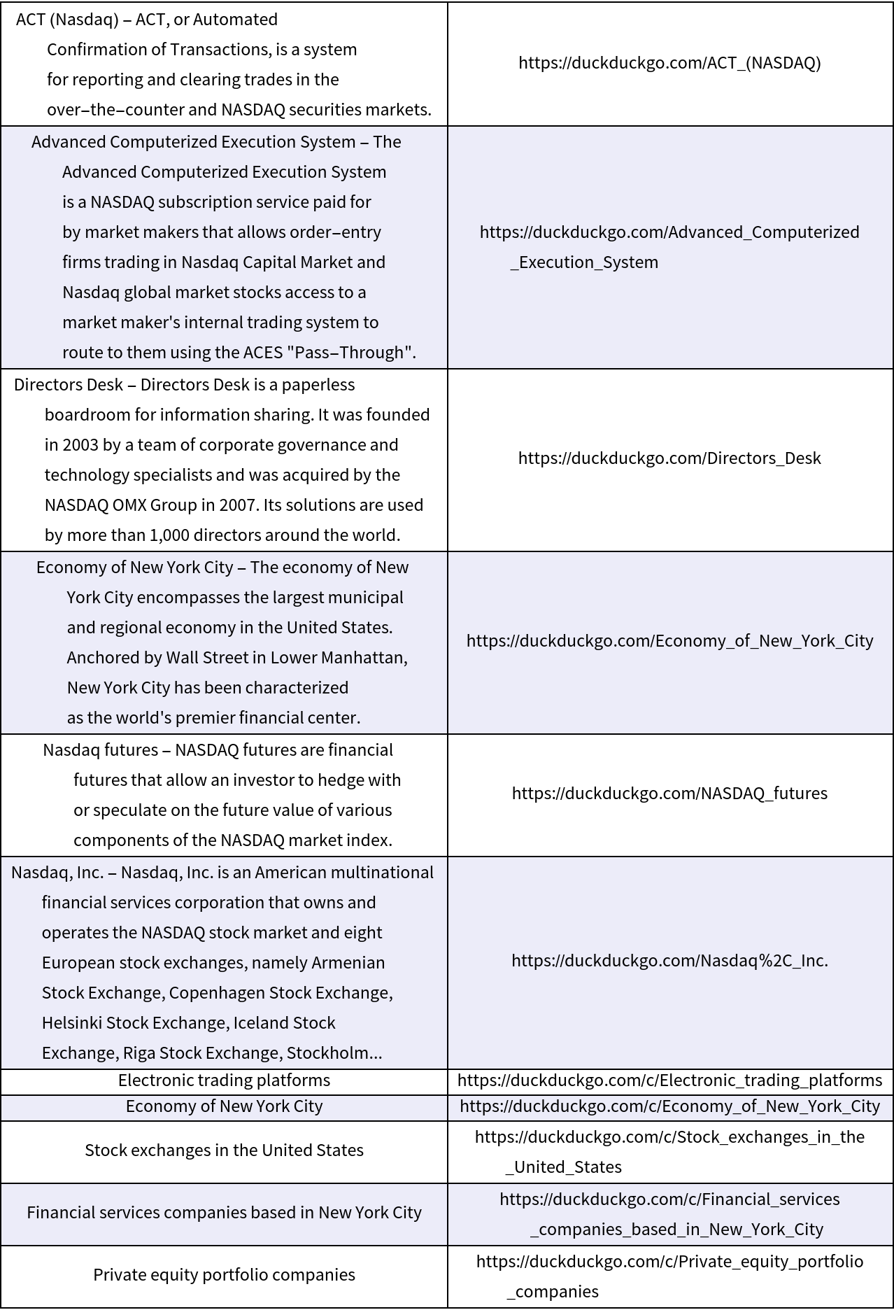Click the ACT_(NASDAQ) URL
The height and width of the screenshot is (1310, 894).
pos(669,63)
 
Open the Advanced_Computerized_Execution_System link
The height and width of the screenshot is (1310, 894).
pos(669,246)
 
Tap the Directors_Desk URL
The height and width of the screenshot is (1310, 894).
pos(669,458)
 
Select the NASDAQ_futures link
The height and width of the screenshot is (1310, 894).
pos(669,793)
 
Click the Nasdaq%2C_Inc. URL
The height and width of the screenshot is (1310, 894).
pos(669,960)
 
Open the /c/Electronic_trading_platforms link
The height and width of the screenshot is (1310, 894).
pos(669,1080)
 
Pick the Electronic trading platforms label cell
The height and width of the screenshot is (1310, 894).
pos(224,1080)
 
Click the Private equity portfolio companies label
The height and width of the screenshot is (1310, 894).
pos(224,1274)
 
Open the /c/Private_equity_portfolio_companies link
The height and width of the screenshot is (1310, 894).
pos(669,1275)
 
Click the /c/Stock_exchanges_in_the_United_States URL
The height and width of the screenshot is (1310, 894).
pos(669,1151)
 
